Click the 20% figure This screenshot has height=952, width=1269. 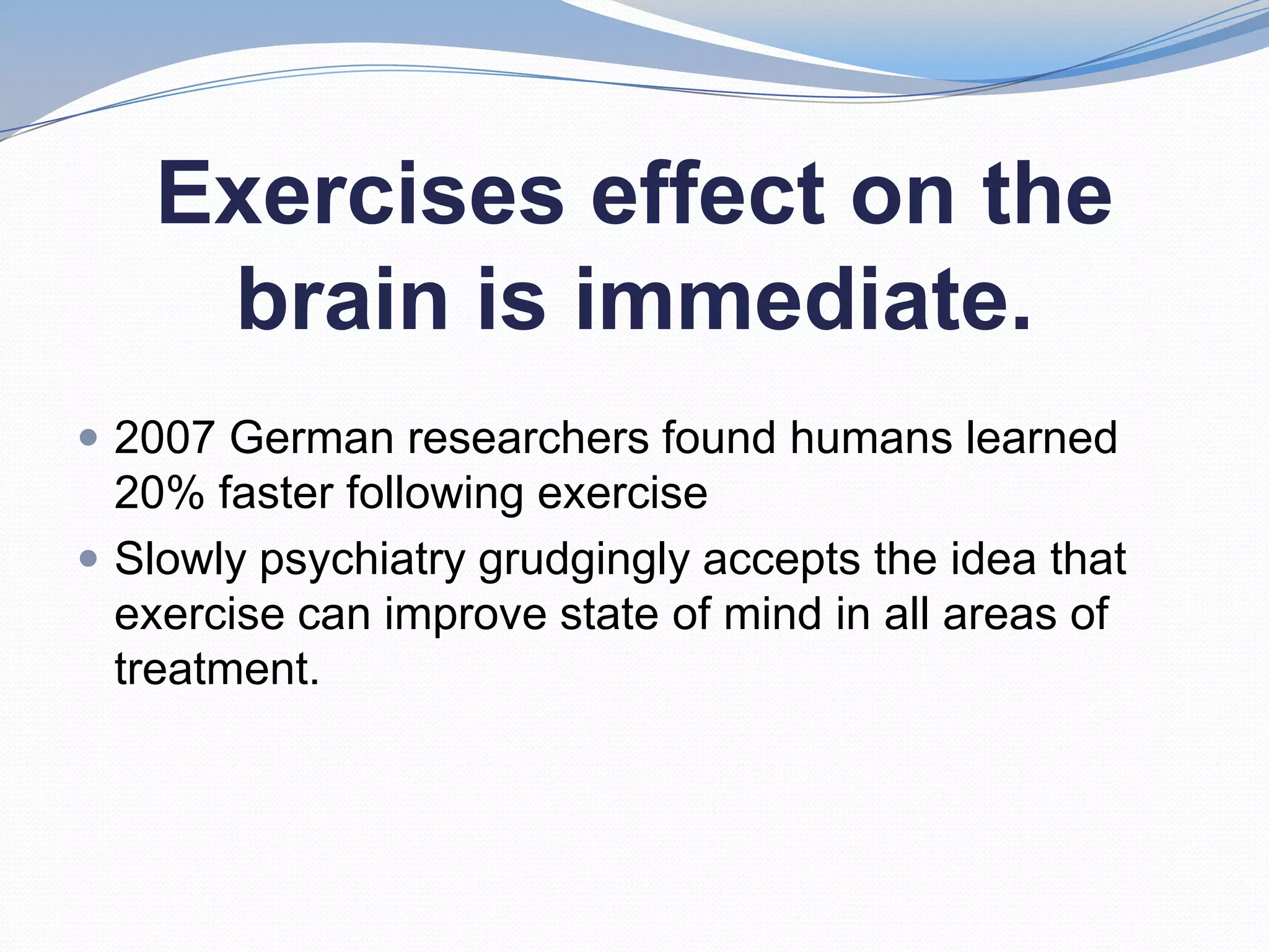coord(159,493)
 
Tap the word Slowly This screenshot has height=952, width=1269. coord(181,560)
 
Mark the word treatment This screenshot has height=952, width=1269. coord(217,669)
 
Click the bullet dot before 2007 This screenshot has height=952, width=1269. coord(89,438)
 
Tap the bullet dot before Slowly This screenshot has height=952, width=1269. coord(89,560)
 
